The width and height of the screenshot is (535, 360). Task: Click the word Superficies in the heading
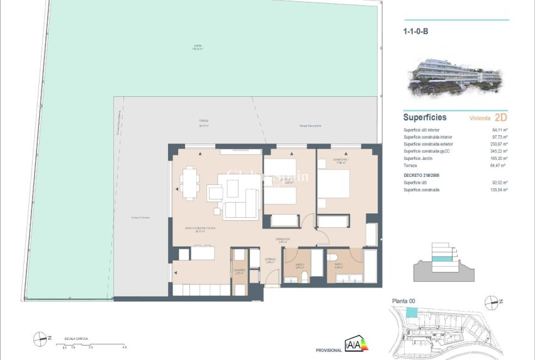coord(425,118)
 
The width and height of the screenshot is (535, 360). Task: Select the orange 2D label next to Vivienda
coord(501,118)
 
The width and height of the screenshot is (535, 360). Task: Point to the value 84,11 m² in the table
coord(500,130)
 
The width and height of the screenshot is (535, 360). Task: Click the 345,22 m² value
coord(499,151)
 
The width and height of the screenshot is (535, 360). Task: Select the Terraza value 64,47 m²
coord(500,165)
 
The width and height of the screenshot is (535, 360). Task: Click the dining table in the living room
coord(189,184)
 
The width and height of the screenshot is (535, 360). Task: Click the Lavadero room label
coord(239,271)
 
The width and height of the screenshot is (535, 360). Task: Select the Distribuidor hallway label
coord(283,239)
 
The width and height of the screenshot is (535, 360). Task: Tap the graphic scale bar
coord(94,341)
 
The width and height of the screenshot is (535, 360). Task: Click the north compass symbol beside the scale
coord(42,339)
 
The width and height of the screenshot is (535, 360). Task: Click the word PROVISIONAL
coord(328,351)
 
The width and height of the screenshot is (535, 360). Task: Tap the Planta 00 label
coord(403,301)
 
